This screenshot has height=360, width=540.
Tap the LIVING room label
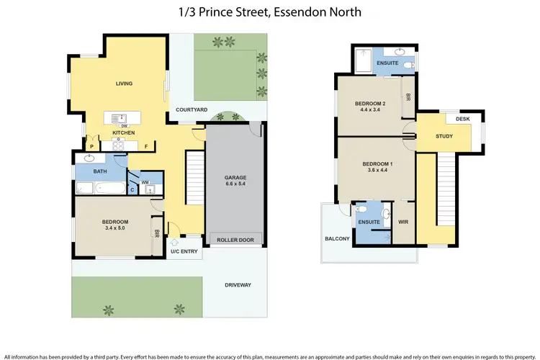[x=125, y=84]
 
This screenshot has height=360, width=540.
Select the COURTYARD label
[x=192, y=109]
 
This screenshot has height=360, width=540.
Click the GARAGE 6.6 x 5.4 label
[x=234, y=179]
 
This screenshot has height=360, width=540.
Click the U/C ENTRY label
[x=184, y=251]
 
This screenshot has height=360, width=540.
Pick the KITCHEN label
[x=123, y=133]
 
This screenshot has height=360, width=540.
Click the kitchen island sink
[x=116, y=118]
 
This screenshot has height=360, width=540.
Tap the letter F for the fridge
[x=146, y=147]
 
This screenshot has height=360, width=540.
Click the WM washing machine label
[x=145, y=182]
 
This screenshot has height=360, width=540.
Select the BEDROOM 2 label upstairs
[x=370, y=107]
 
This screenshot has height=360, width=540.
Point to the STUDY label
[x=444, y=136]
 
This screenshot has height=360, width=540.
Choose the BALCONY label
[x=337, y=238]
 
